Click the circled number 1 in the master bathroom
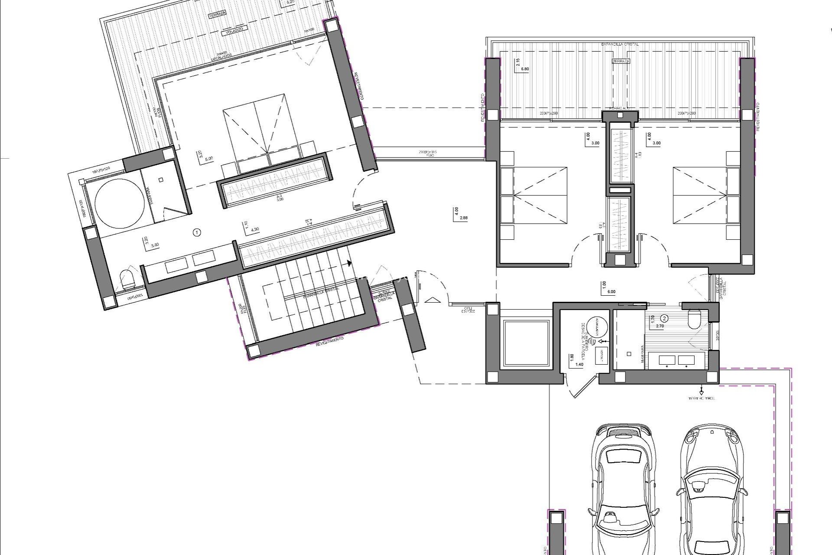click(197, 233)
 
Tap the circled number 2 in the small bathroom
click(665, 318)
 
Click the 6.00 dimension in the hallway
click(611, 292)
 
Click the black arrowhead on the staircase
click(349, 262)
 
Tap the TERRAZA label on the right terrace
click(621, 62)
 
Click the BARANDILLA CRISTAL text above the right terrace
click(620, 44)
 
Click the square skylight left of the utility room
click(525, 342)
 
